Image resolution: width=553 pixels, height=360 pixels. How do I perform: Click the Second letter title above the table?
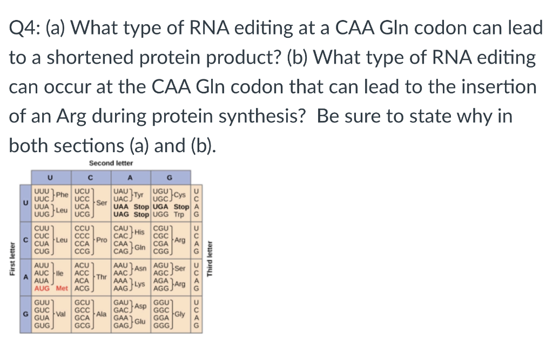pos(111,162)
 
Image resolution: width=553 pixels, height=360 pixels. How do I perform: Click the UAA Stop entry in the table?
pos(131,207)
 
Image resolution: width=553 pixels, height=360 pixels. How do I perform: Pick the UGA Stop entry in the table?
pos(171,207)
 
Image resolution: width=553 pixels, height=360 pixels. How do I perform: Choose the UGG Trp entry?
pos(171,214)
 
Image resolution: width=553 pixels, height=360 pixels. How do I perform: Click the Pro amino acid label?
pos(101,238)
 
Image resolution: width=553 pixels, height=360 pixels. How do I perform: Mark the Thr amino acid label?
pos(101,277)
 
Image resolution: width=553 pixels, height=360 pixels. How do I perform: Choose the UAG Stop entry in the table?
pos(131,214)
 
